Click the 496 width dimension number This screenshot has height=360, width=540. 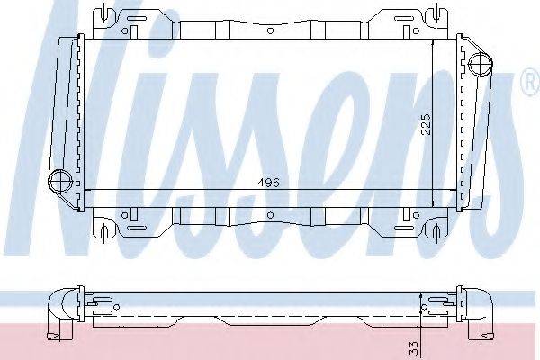pyautogui.click(x=268, y=182)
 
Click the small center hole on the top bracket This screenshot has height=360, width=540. pyautogui.click(x=269, y=30)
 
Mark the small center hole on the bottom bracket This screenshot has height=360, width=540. pyautogui.click(x=269, y=216)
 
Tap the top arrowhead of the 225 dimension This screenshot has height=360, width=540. pyautogui.click(x=433, y=43)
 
